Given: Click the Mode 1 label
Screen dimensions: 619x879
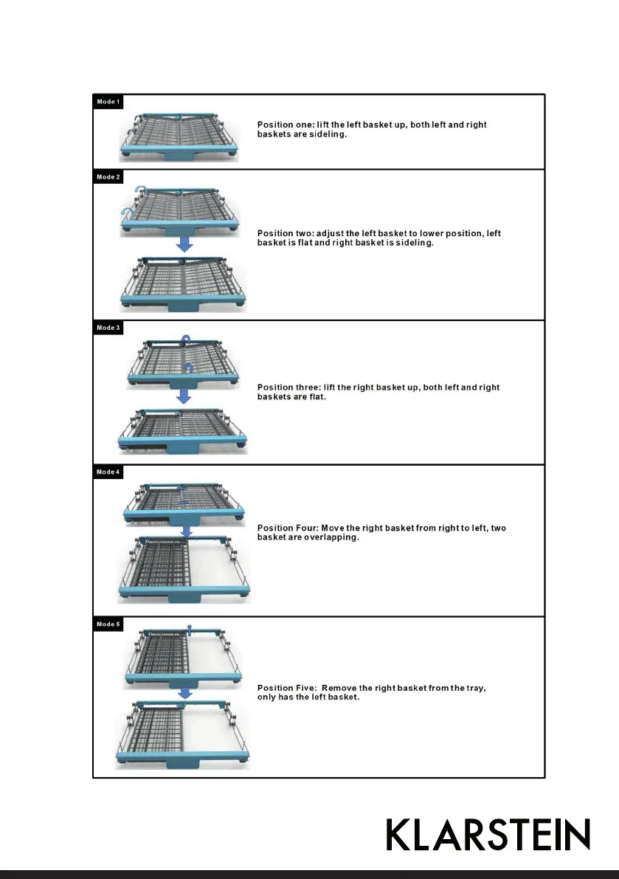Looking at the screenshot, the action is coord(107,101).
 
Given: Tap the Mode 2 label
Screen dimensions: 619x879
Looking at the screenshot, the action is coord(107,177).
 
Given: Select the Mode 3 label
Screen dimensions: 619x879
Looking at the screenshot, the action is coord(107,328).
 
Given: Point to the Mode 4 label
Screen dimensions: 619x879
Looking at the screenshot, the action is coord(107,472).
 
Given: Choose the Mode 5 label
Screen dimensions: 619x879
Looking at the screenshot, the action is coord(107,624).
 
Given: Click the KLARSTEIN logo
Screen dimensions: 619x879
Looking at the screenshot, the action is coord(488,835).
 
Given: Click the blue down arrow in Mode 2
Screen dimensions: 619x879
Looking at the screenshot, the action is coord(184,244).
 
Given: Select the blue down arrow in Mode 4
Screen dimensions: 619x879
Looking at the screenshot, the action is coord(187,530).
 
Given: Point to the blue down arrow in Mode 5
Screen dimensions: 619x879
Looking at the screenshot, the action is coord(186,692).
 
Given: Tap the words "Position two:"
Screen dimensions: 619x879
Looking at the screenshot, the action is coord(285,233).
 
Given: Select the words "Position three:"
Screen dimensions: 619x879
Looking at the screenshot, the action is coord(288,387).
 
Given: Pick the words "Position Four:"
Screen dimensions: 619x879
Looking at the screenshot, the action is coord(287,528).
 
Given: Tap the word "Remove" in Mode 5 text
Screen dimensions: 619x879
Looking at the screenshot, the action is coord(349,688).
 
